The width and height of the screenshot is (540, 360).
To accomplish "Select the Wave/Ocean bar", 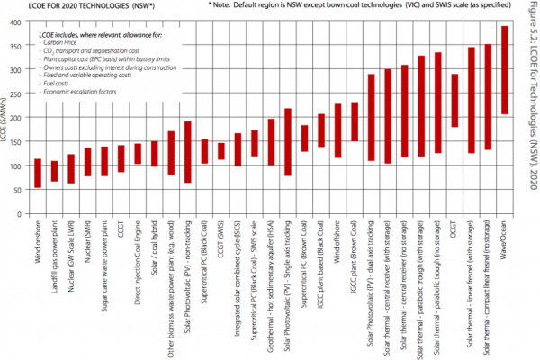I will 504,83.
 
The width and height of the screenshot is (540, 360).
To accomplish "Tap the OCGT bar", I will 454,101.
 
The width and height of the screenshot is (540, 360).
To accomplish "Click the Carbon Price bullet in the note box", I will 65,41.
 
